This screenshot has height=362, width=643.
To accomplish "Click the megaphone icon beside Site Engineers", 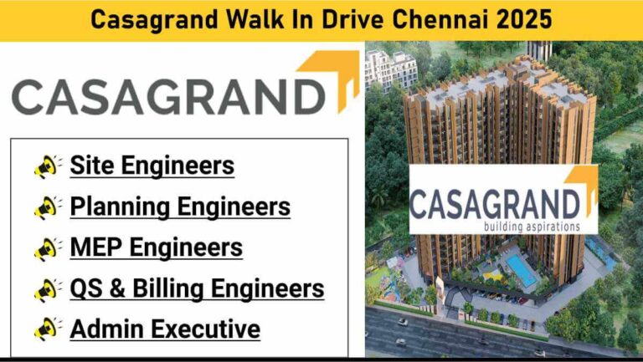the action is pyautogui.click(x=49, y=166).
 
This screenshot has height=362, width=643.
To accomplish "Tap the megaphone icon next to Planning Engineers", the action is pyautogui.click(x=49, y=207).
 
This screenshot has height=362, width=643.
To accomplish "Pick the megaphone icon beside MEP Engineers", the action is pyautogui.click(x=49, y=248).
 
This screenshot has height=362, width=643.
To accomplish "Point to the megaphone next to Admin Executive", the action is pyautogui.click(x=49, y=329).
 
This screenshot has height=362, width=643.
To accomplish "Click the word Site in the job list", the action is pyautogui.click(x=92, y=165).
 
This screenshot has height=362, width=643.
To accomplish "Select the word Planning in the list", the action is pyautogui.click(x=121, y=207).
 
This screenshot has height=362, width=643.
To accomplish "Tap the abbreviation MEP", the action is pyautogui.click(x=96, y=247).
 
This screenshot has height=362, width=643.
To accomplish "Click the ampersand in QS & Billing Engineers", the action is pyautogui.click(x=118, y=288).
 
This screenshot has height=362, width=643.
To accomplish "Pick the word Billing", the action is pyautogui.click(x=168, y=289).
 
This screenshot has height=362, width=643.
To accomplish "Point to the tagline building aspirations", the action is pyautogui.click(x=532, y=227).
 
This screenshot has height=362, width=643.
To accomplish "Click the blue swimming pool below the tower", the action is pyautogui.click(x=521, y=270).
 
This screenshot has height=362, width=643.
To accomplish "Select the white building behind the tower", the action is pyautogui.click(x=390, y=69).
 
